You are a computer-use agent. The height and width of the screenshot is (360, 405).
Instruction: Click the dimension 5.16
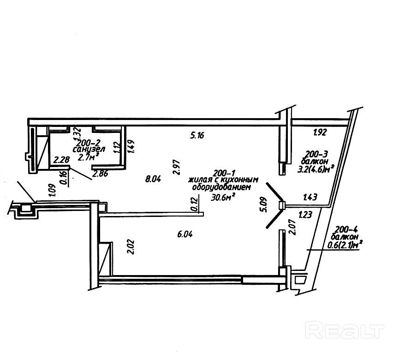(x=197, y=135)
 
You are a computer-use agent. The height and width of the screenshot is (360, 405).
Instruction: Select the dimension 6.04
(x=185, y=234)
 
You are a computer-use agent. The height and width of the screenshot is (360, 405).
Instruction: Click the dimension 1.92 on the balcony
(x=320, y=133)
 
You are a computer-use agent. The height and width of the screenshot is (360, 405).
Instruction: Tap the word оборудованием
(x=224, y=188)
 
